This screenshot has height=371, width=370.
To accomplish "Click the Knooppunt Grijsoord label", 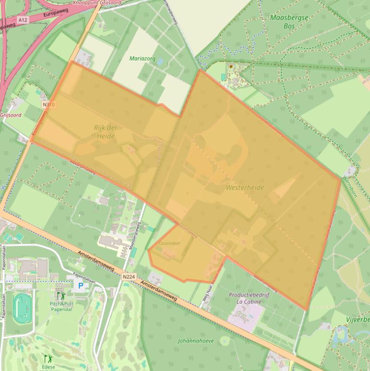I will click(x=97, y=3).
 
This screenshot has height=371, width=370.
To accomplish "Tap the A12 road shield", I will click(x=23, y=20).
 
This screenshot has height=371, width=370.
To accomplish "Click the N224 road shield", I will click(x=128, y=277).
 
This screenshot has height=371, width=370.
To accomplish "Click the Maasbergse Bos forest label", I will click(x=289, y=21).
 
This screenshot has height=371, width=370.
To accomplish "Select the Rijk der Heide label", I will click(x=105, y=132).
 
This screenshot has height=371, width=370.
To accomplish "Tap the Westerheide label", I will click(x=245, y=187).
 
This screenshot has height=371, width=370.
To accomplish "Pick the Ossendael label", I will click(x=169, y=243).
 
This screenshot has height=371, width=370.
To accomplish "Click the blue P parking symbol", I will click(x=81, y=286).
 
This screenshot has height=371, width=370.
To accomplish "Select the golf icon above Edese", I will click(x=48, y=359).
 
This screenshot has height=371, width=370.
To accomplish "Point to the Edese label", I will click(x=48, y=367).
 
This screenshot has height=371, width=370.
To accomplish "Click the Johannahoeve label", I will click(x=196, y=341).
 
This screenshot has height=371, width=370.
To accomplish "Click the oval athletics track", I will click(x=22, y=308).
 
